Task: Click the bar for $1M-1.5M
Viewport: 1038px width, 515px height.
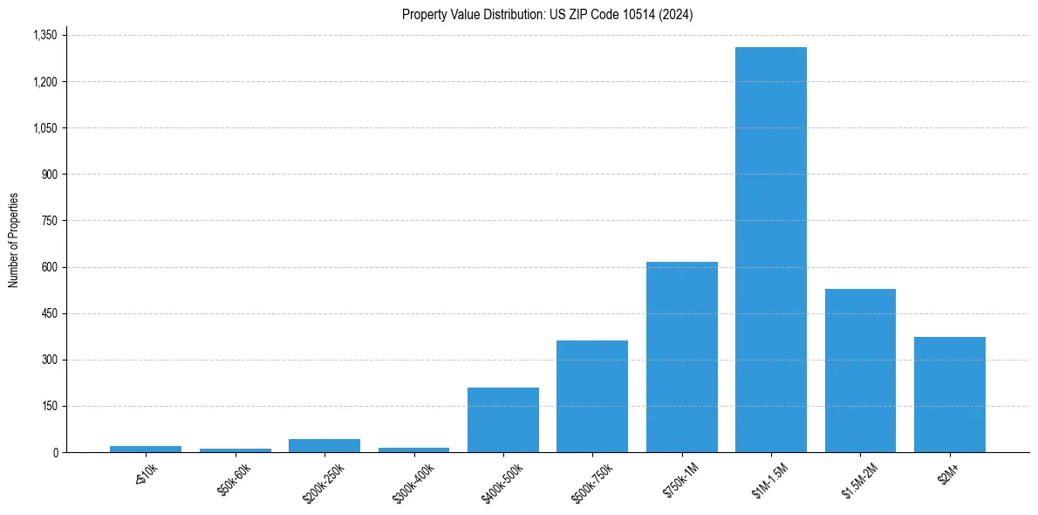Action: click(771, 250)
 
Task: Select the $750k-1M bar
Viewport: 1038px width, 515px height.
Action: click(682, 357)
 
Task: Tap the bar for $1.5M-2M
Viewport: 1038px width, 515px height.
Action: click(860, 370)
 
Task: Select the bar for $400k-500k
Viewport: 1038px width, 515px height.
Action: click(503, 420)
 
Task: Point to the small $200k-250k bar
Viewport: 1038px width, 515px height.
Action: click(324, 445)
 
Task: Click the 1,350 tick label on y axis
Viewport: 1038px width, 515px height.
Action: click(44, 36)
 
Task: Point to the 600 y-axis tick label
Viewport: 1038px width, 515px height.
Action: click(50, 267)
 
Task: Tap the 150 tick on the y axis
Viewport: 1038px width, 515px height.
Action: click(50, 406)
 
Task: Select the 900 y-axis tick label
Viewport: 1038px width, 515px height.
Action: click(50, 175)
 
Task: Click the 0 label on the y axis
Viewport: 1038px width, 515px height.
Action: click(56, 452)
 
